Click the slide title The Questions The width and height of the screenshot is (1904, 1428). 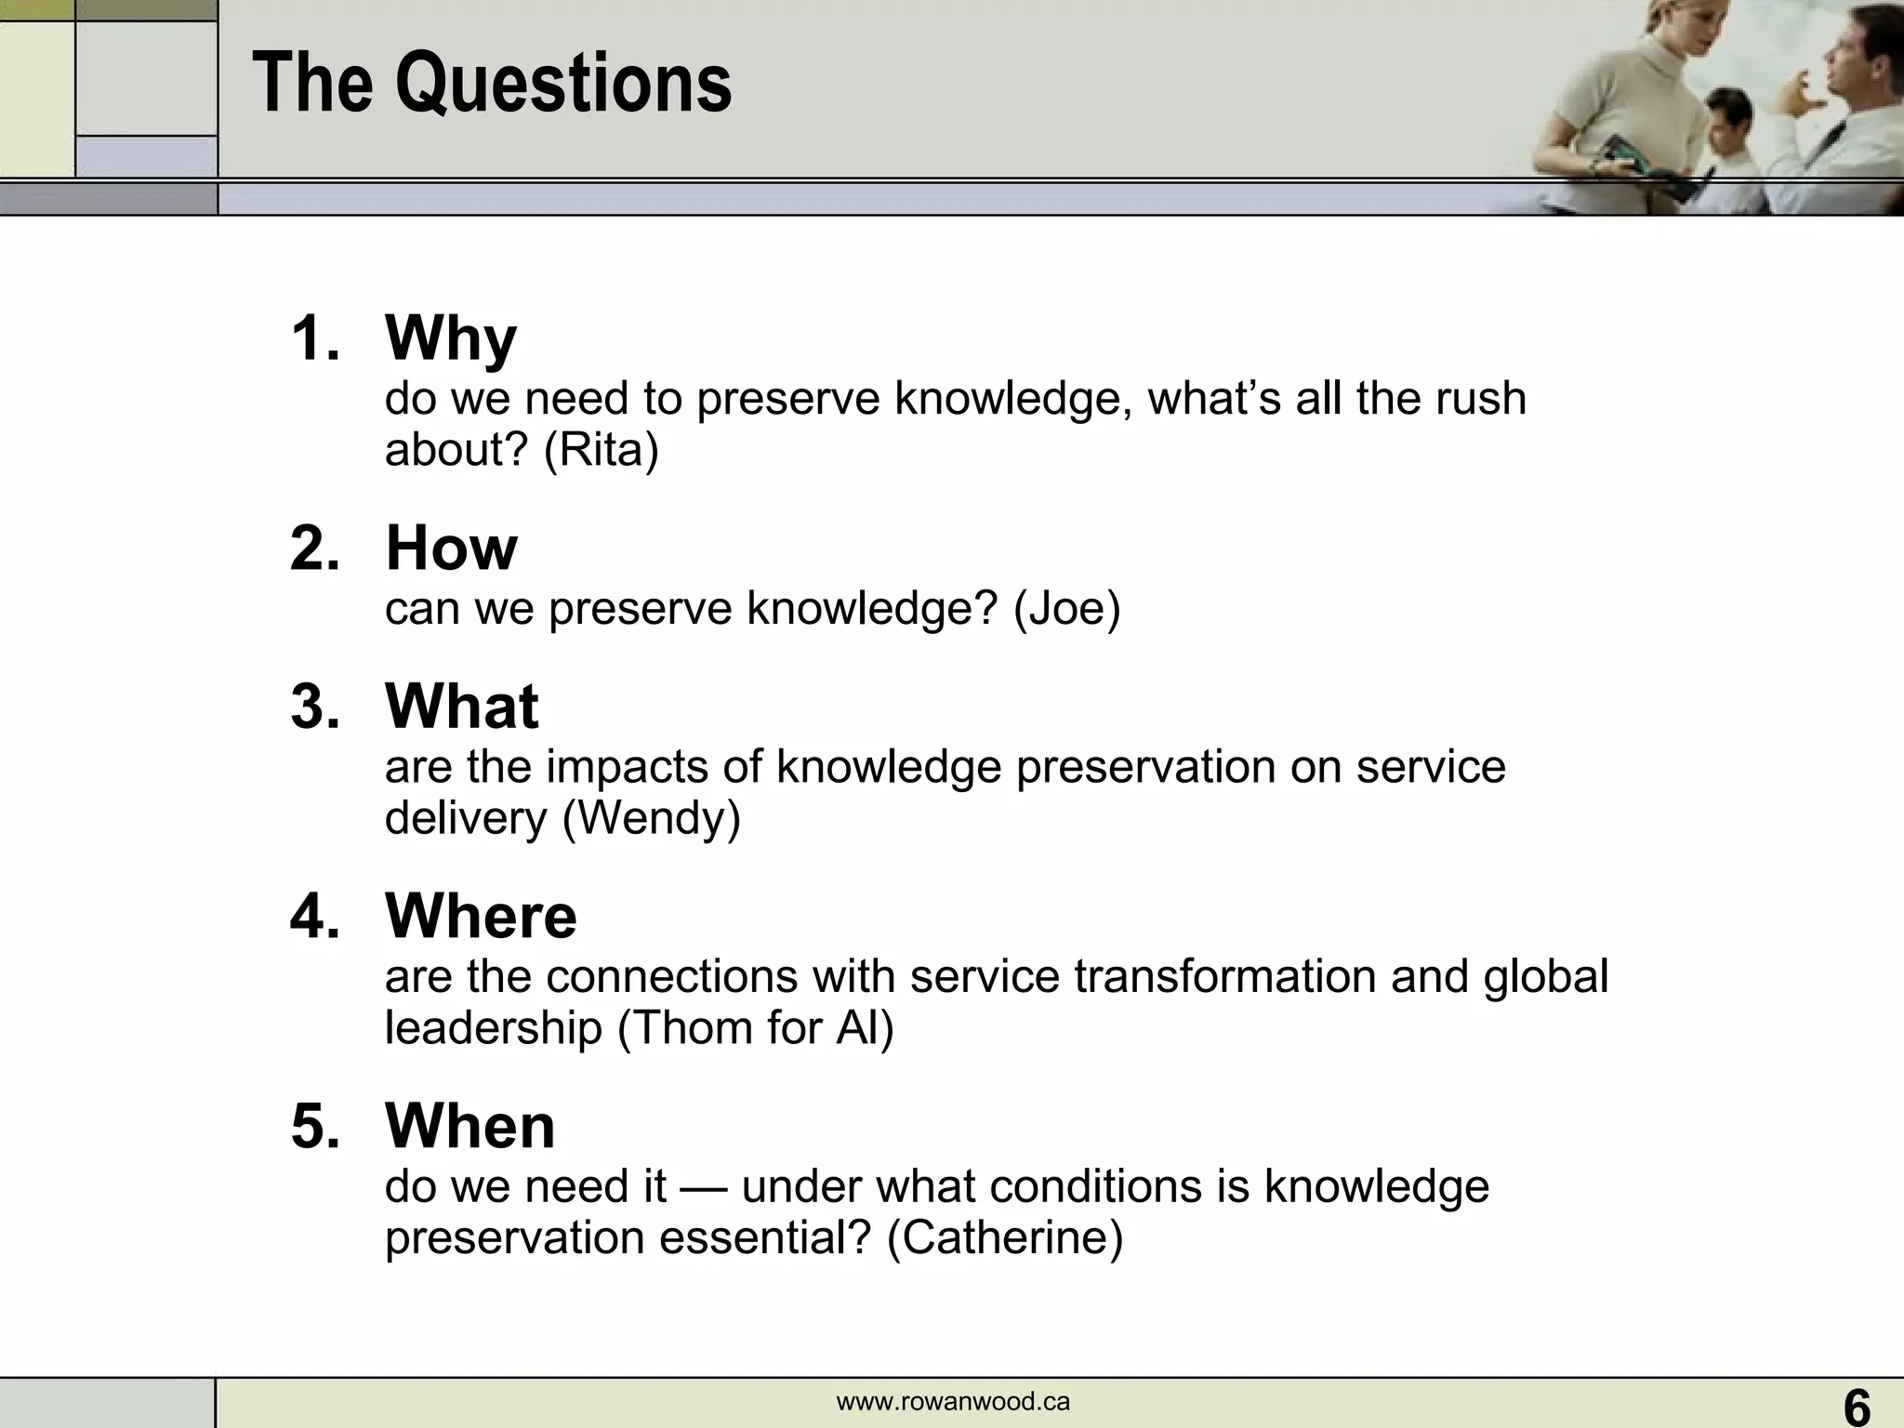pos(492,84)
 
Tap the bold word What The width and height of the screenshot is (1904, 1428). pos(462,707)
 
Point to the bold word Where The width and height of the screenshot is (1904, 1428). pos(481,916)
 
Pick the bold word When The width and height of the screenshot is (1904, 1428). pos(470,1126)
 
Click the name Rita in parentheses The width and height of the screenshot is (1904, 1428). pos(601,450)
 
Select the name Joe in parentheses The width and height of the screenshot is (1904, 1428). pos(1067,609)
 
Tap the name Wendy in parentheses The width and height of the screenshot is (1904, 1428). pos(652,818)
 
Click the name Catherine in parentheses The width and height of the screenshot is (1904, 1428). pos(1005,1238)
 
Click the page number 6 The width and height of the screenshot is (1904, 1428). pos(1857,1406)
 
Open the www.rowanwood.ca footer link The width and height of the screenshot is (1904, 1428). pos(953,1402)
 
